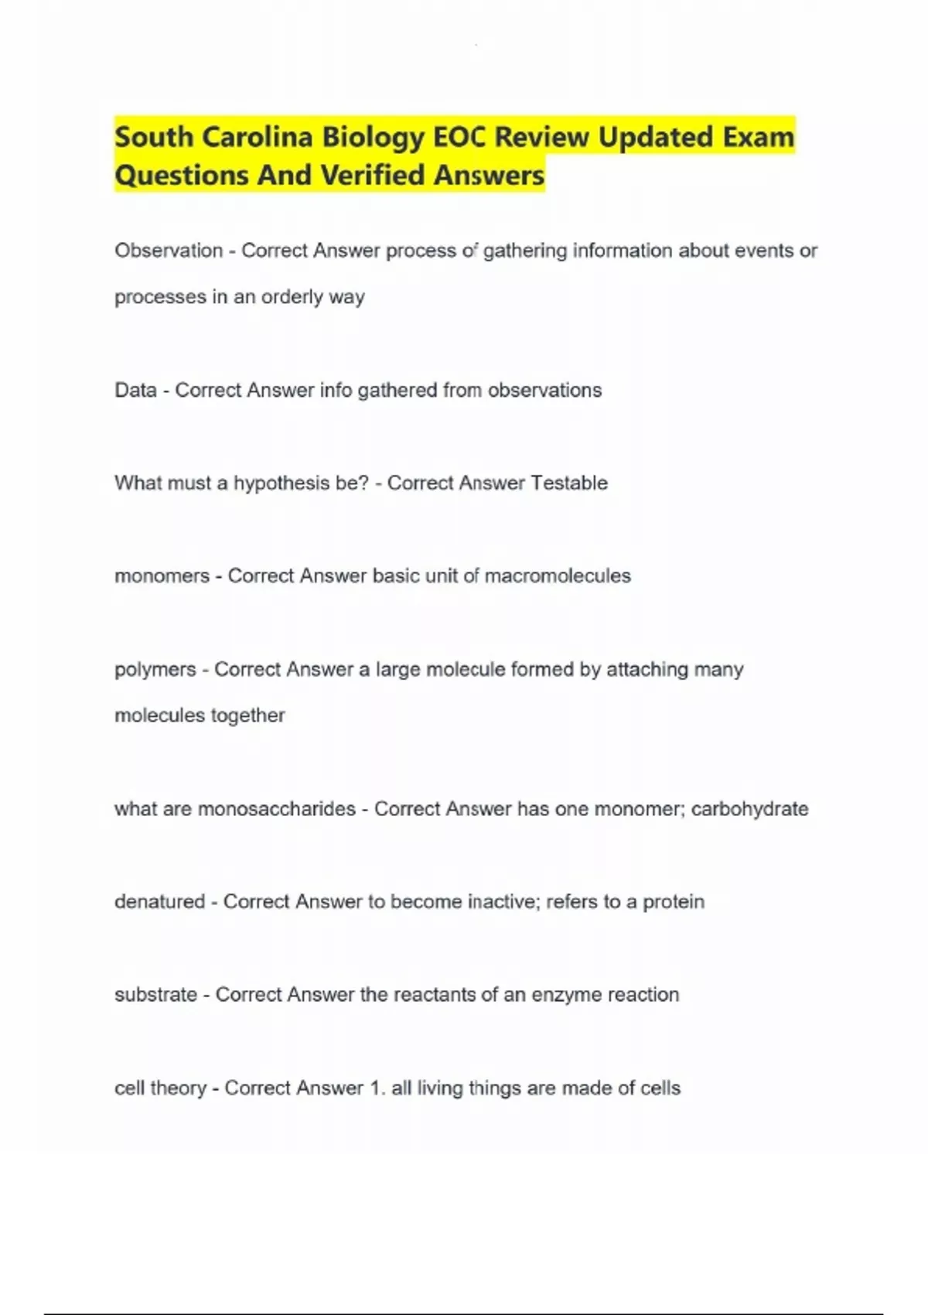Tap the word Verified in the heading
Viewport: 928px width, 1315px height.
(x=372, y=176)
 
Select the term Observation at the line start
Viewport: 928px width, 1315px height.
(x=169, y=251)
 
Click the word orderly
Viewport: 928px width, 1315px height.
(x=292, y=297)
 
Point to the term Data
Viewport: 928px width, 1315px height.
(x=135, y=390)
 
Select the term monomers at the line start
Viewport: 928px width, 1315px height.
(x=162, y=576)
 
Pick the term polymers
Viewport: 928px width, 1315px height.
(x=155, y=670)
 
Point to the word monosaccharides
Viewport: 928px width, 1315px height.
(x=277, y=809)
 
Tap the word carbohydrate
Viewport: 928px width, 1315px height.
(x=749, y=809)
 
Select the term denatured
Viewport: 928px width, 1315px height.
(x=159, y=902)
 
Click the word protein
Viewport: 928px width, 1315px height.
(x=674, y=902)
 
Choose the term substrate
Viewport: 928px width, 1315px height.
(x=155, y=995)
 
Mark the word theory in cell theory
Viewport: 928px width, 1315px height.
(x=178, y=1088)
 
